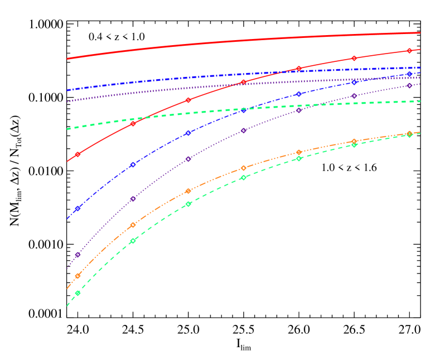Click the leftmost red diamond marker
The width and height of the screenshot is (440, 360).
(78, 154)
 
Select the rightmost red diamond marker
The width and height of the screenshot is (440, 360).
(409, 51)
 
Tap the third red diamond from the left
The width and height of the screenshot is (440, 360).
(188, 100)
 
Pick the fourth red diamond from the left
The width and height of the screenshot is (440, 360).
(244, 82)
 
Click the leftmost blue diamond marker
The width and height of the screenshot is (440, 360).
(78, 208)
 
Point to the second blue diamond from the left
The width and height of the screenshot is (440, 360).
(133, 164)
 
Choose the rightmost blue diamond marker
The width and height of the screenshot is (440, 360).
(409, 74)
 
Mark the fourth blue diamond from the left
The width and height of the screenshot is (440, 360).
(244, 110)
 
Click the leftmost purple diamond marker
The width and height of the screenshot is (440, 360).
(78, 255)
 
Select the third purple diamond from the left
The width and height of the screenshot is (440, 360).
(188, 159)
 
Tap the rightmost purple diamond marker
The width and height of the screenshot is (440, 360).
(409, 85)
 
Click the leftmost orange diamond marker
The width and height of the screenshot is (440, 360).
(78, 276)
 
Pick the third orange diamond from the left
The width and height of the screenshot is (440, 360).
(188, 191)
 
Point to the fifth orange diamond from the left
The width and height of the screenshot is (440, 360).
(299, 152)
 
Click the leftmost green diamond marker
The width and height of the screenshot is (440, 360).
(78, 293)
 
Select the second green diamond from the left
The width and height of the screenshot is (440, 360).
(133, 241)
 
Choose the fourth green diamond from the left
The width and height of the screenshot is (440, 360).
(244, 177)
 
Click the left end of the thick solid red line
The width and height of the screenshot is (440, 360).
(67, 59)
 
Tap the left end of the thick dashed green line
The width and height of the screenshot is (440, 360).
(67, 129)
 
